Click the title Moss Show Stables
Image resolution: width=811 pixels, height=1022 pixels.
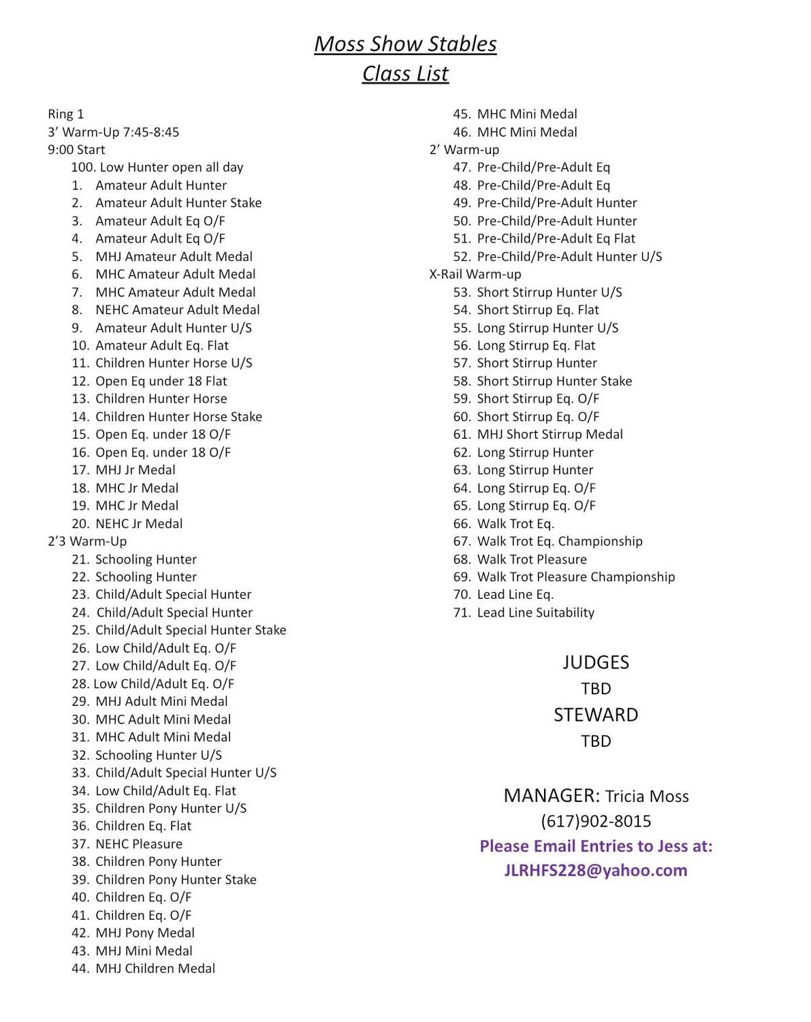coord(405,44)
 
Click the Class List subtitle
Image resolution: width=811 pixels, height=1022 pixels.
coord(405,74)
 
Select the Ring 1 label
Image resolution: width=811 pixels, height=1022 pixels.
coord(66,114)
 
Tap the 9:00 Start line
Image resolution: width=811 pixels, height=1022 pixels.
coord(76,149)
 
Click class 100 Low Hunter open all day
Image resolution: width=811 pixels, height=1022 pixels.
coord(157,167)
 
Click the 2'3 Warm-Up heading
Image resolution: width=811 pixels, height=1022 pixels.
coord(87,541)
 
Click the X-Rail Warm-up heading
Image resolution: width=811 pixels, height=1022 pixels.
coord(475,274)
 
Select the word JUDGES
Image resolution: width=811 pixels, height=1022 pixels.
coord(596,662)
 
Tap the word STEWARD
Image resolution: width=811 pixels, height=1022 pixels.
coord(596,715)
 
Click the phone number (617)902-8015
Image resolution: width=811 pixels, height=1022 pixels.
coord(596,821)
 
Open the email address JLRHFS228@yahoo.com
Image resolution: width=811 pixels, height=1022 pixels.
coord(596,870)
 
